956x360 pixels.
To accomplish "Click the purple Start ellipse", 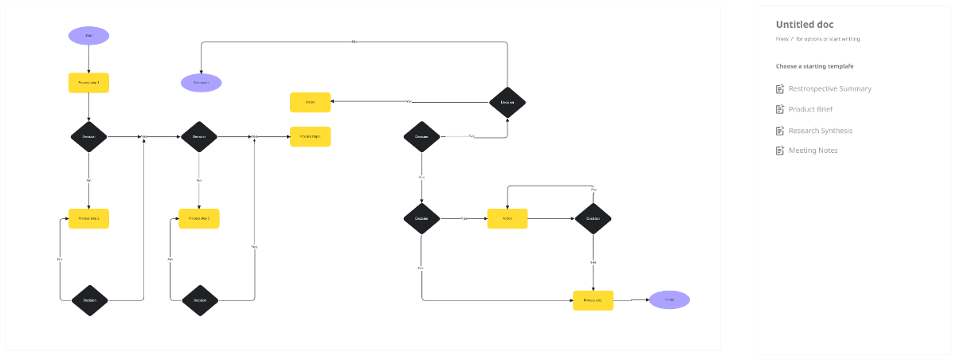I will (x=88, y=36).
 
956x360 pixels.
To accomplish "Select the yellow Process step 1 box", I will (x=88, y=83).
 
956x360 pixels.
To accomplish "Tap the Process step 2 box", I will (x=88, y=218).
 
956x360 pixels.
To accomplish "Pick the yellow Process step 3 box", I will (x=199, y=218).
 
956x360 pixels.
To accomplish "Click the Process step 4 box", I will (x=310, y=137).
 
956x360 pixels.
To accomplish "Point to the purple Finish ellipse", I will (x=669, y=300).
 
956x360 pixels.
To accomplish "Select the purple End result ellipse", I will (x=201, y=83).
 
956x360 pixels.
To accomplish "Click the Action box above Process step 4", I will (x=310, y=102).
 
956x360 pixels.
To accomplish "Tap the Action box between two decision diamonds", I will (x=507, y=218).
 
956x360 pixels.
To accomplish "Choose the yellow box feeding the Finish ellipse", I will (x=594, y=300).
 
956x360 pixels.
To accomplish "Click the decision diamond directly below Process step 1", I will (x=88, y=137).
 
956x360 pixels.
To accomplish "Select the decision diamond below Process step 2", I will (x=89, y=300).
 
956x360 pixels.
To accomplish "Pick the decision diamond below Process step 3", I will (x=199, y=300).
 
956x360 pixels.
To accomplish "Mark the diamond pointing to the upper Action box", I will (x=507, y=102).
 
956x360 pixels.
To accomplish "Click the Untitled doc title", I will (x=805, y=25).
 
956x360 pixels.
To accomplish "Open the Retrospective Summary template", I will (x=829, y=89).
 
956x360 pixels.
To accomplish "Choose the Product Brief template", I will (x=810, y=109).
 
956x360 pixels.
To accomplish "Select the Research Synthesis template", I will (x=820, y=131).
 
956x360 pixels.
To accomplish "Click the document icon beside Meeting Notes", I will (x=781, y=151).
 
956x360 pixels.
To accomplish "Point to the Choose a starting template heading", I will (x=814, y=66).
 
